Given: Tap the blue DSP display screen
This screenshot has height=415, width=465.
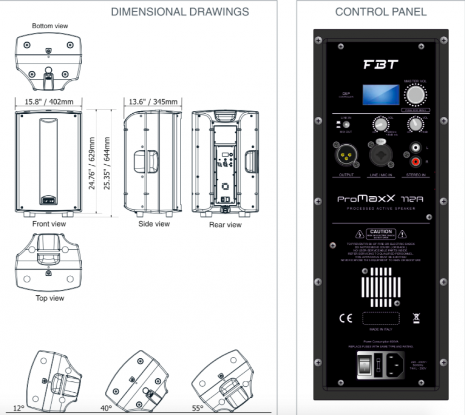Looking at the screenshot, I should click(381, 95).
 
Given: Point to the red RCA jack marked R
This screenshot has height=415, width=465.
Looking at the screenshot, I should click(415, 162).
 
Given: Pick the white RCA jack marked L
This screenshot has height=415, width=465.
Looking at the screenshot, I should click(415, 147).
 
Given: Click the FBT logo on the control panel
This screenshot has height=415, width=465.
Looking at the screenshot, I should click(381, 65).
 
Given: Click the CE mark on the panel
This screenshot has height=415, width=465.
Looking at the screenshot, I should click(346, 318).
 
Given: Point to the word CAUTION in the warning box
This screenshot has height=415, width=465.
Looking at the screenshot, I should click(381, 232).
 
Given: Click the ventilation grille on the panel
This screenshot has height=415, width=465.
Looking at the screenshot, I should click(381, 287).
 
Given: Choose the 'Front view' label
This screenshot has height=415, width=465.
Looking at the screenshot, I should click(49, 224).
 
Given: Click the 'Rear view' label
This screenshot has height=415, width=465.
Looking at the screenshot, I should click(225, 225).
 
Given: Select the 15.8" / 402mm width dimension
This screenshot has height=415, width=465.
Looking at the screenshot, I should click(49, 101).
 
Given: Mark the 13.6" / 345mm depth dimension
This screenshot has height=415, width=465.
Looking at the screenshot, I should click(153, 101).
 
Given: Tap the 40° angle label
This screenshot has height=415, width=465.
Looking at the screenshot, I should click(106, 408).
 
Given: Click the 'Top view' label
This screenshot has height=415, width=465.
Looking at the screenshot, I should click(50, 299).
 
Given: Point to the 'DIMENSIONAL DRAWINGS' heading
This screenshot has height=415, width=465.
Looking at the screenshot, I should click(180, 12).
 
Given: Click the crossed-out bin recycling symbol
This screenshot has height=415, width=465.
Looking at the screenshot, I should click(416, 318).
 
